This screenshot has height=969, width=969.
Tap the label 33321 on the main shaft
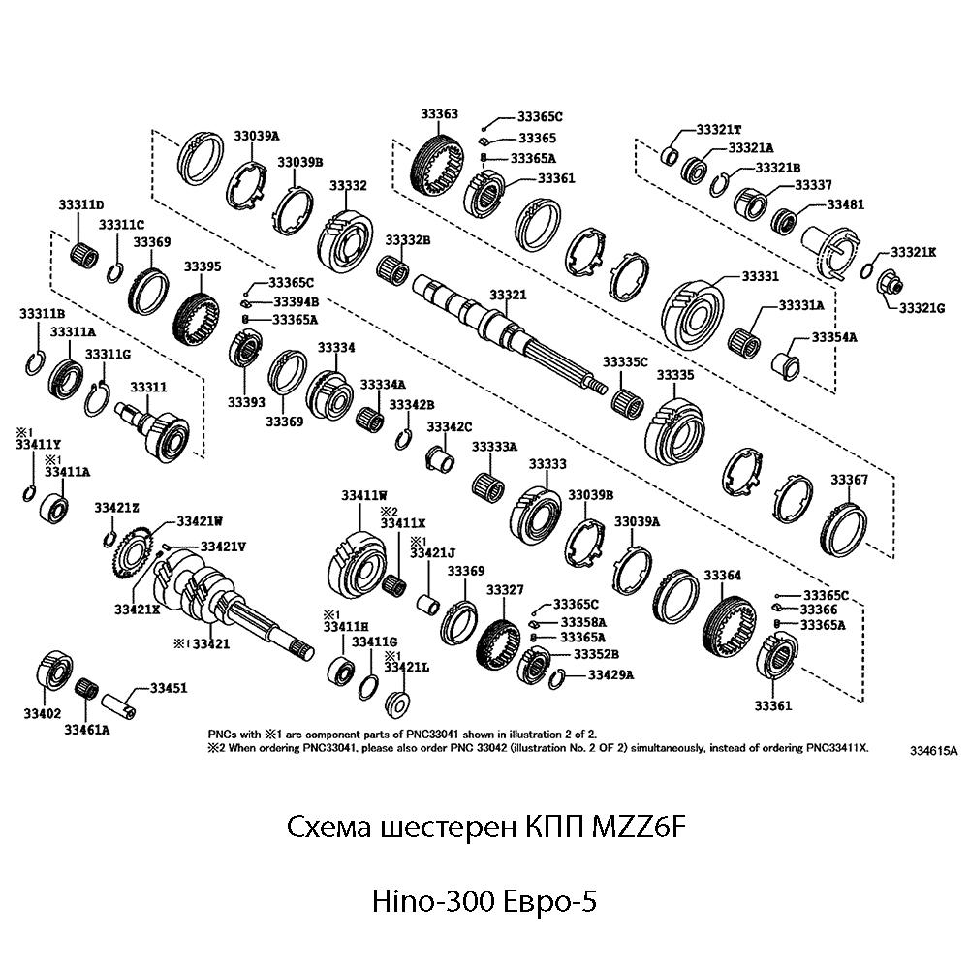[x=508, y=294]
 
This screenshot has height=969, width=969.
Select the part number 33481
[x=845, y=204]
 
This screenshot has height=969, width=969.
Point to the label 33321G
[x=921, y=308]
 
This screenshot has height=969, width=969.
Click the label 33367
[x=849, y=481]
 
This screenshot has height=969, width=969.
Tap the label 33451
[x=168, y=688]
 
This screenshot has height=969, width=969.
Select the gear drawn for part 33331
[x=696, y=309]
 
